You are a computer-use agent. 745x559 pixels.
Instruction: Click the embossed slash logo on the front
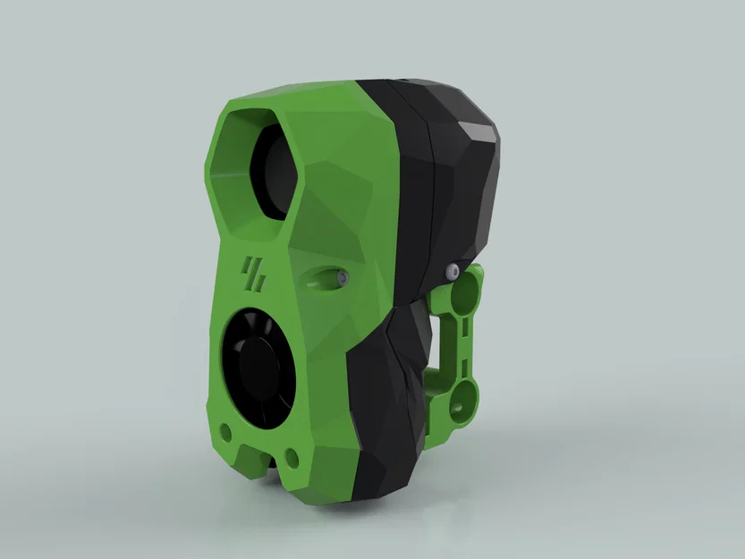click(253, 274)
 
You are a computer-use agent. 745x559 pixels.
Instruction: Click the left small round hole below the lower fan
click(226, 433)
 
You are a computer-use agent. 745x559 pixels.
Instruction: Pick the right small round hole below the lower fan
click(291, 458)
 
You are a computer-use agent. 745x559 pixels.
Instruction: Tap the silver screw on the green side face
click(342, 279)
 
